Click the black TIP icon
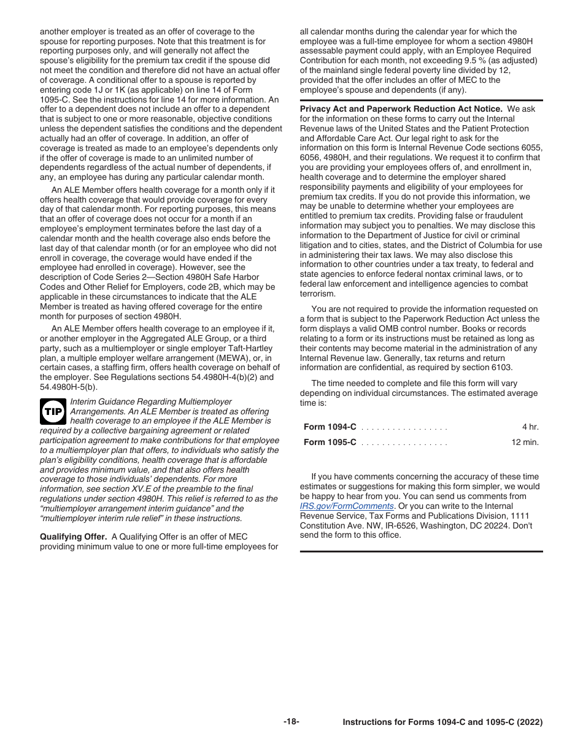pyautogui.click(x=53, y=411)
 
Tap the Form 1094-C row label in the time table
pyautogui.click(x=330, y=427)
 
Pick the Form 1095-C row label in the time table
pyautogui.click(x=330, y=442)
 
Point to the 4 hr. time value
pyautogui.click(x=530, y=427)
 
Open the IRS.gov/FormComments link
pyautogui.click(x=347, y=506)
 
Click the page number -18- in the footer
pyautogui.click(x=291, y=722)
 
